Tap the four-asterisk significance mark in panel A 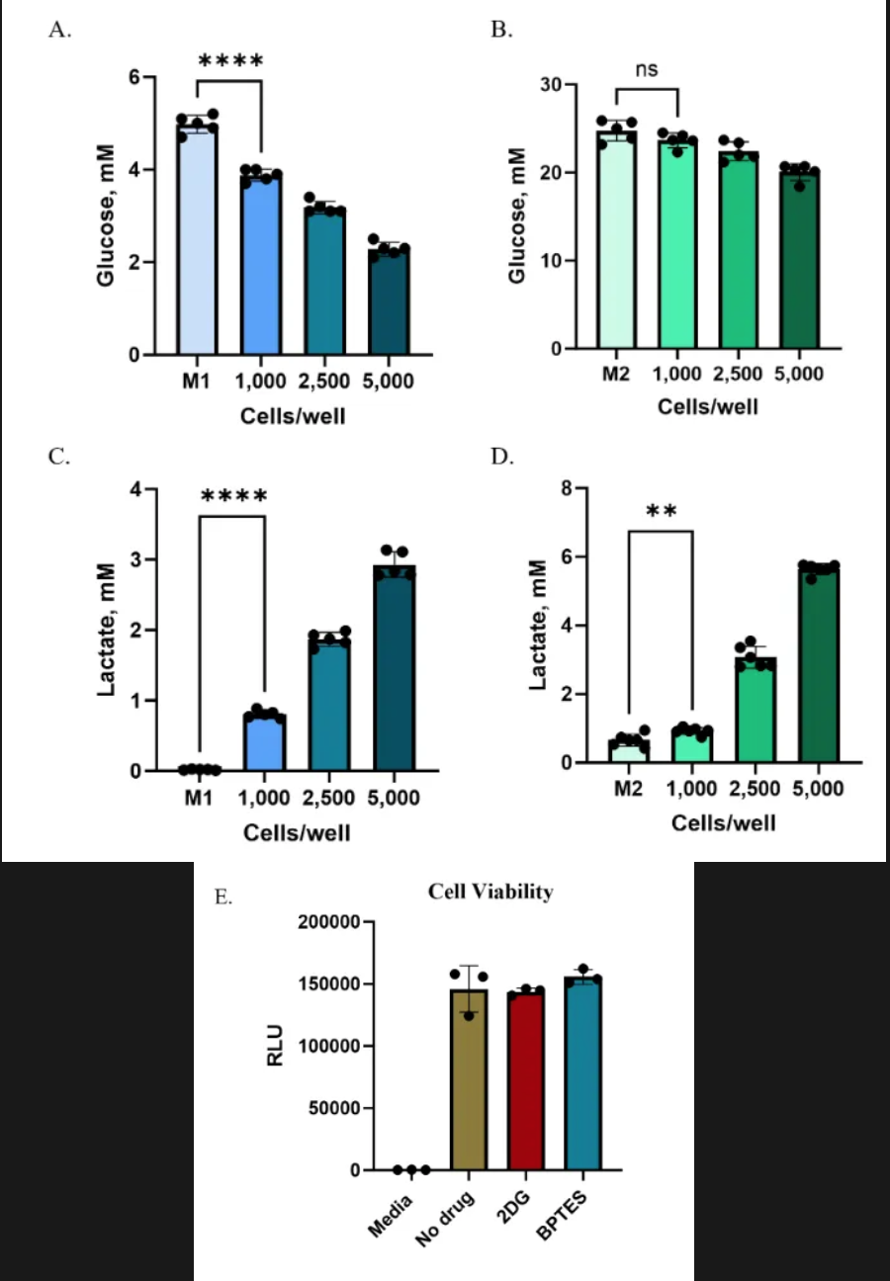coord(230,61)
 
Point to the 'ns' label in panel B coord(647,69)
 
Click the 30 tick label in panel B coord(562,85)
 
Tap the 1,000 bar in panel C coord(263,741)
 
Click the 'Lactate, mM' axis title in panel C coord(106,629)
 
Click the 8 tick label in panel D coord(566,488)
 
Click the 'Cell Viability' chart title coord(490,892)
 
